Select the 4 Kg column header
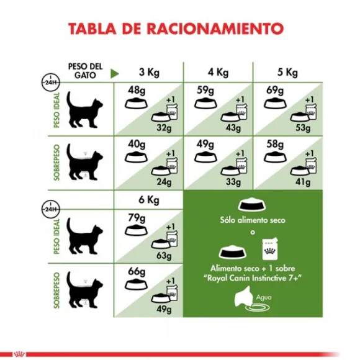(x=218, y=71)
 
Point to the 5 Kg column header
(x=289, y=71)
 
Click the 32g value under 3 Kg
(x=164, y=128)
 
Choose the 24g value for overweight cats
(x=164, y=182)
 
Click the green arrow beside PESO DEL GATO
(x=114, y=73)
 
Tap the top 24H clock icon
(x=47, y=81)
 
